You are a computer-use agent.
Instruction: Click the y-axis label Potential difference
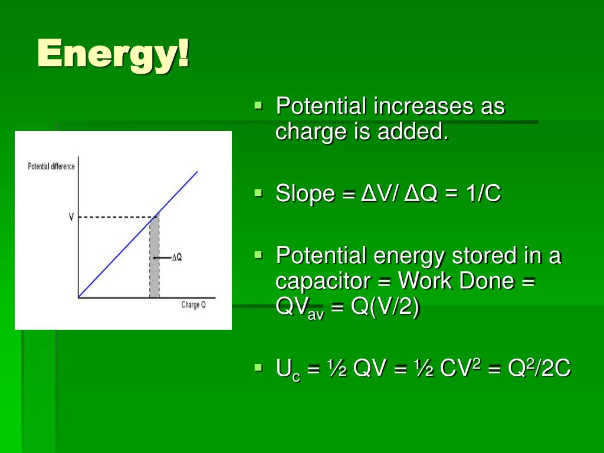51,166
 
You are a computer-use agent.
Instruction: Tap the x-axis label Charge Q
193,306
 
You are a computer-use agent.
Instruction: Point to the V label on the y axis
71,217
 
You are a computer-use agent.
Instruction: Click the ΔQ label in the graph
176,257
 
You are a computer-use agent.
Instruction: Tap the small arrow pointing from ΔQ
162,258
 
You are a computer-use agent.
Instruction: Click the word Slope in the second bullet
305,194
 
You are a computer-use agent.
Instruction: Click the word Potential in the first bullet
321,107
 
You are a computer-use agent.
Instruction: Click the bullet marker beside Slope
258,192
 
